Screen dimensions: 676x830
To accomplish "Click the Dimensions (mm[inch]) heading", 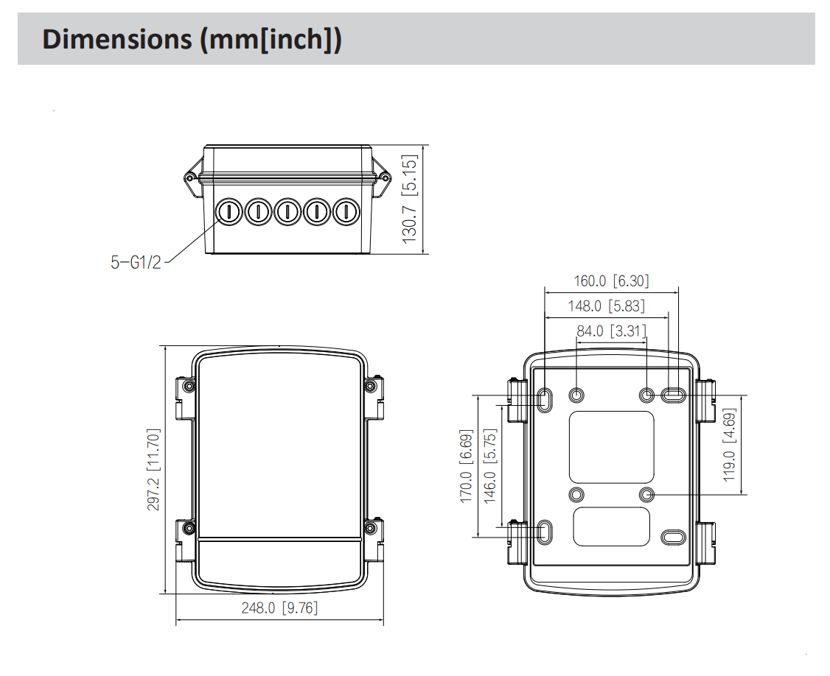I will tap(192, 39).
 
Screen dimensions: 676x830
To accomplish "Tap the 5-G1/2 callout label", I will tap(136, 262).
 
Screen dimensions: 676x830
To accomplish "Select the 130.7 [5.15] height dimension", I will tap(411, 198).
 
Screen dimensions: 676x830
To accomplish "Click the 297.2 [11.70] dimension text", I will tap(153, 470).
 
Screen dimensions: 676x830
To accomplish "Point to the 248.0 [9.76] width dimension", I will tap(279, 608).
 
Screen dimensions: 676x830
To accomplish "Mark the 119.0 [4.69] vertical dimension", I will tap(730, 445).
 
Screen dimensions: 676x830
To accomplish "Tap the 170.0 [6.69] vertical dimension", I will tap(466, 467).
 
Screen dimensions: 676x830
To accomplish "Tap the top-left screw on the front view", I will tap(190, 387).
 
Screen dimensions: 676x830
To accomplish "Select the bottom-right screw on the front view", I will tap(370, 529).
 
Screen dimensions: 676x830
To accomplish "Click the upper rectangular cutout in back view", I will tap(611, 447).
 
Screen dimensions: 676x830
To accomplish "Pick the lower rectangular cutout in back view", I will tap(611, 526).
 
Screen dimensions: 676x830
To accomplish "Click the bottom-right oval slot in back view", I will tap(673, 537).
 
